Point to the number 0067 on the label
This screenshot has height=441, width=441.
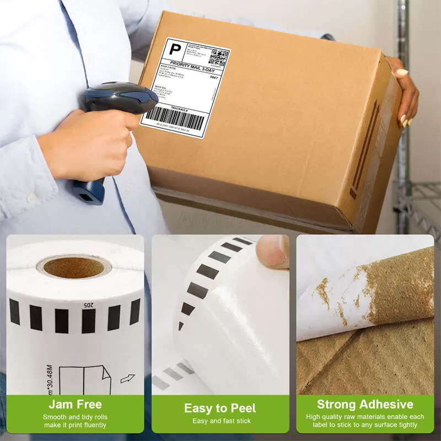214,78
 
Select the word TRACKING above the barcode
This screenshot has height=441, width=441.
179,107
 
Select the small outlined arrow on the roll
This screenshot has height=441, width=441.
127,378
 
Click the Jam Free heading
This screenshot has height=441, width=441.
75,405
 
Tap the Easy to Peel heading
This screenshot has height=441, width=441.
220,408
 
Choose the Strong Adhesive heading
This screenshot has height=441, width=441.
365,405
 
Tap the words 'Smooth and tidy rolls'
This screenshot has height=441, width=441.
76,417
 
